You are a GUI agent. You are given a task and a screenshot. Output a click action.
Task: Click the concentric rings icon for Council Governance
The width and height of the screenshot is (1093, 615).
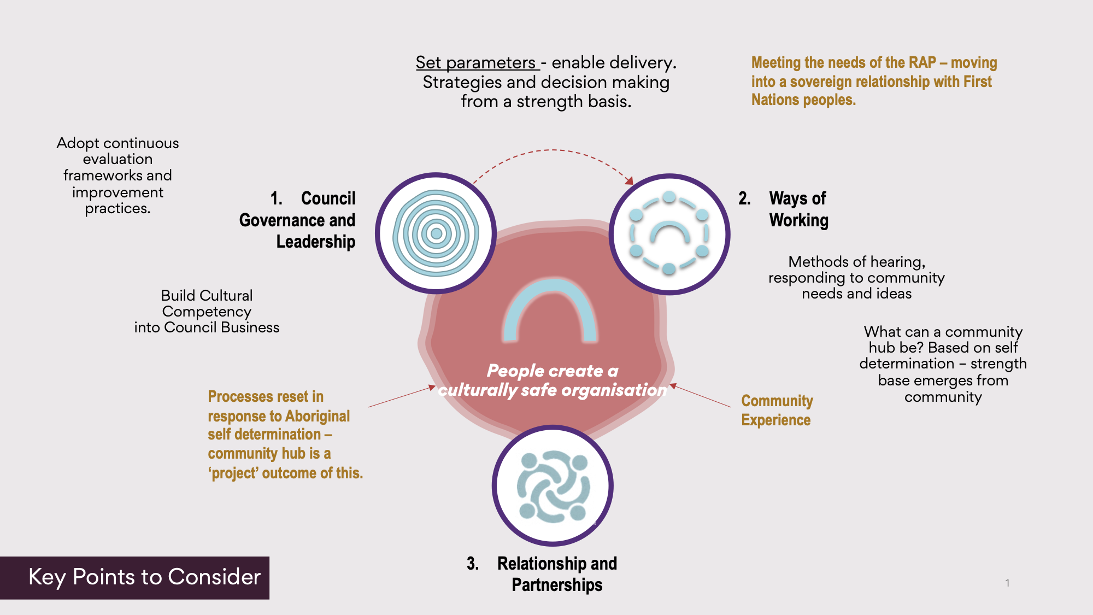click(436, 233)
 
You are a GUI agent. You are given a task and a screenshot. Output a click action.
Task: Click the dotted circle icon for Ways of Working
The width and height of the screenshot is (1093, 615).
click(669, 233)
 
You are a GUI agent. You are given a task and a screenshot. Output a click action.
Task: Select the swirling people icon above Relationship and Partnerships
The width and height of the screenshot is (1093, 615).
click(553, 485)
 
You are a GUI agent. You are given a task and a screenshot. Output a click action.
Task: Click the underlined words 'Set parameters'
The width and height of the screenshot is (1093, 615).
click(476, 63)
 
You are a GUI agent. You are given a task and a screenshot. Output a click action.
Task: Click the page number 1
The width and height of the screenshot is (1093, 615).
click(1007, 583)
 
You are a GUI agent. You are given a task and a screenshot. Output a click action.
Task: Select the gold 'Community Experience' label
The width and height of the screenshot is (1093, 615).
click(777, 410)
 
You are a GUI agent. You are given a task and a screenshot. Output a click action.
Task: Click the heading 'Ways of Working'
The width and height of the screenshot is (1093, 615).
click(798, 209)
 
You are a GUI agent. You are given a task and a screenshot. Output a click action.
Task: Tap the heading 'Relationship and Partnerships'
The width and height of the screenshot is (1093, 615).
click(556, 574)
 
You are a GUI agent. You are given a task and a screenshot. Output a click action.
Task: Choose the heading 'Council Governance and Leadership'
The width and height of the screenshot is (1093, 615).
click(298, 220)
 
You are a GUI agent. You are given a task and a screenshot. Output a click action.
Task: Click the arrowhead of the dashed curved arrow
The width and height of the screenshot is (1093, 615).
click(630, 181)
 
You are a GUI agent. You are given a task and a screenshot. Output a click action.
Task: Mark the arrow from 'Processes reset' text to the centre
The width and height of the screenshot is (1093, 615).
click(401, 397)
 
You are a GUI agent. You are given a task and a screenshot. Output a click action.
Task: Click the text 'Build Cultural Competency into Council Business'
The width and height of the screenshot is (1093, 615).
click(207, 312)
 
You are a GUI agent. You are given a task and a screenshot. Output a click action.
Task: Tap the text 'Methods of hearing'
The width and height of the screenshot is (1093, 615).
click(856, 262)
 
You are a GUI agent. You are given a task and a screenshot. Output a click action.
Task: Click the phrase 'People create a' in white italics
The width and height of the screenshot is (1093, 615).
click(552, 371)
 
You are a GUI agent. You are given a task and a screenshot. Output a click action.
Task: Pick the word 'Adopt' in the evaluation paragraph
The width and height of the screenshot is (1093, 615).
click(78, 143)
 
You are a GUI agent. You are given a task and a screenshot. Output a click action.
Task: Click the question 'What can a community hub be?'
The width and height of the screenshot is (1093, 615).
click(943, 339)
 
